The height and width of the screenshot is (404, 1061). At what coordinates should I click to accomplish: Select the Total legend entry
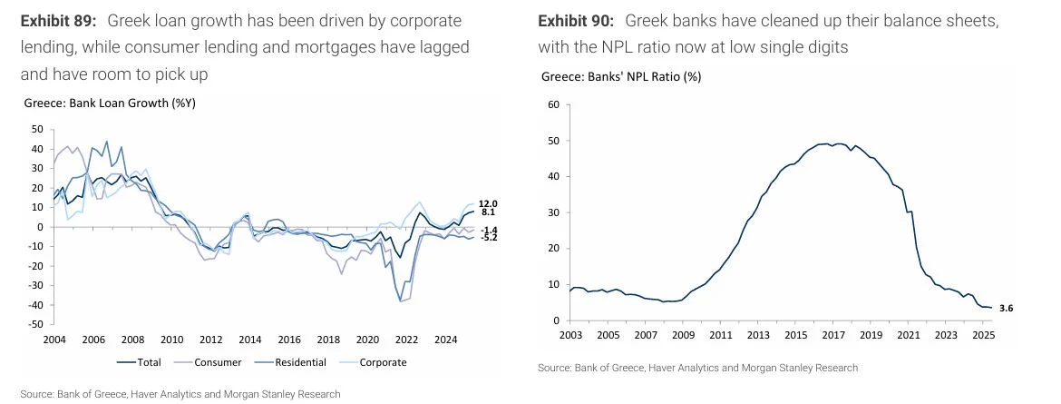pyautogui.click(x=146, y=362)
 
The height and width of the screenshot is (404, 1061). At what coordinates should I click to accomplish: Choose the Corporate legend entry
pyautogui.click(x=376, y=362)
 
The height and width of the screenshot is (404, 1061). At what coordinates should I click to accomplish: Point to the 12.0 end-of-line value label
pyautogui.click(x=489, y=203)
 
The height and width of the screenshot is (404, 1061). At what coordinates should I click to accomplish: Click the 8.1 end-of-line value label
pyautogui.click(x=488, y=212)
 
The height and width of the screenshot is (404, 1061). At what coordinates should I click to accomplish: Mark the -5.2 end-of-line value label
pyautogui.click(x=488, y=237)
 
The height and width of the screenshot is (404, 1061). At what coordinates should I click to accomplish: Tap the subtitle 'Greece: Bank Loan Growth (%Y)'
pyautogui.click(x=111, y=103)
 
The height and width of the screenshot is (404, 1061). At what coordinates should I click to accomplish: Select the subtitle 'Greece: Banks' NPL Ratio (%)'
pyautogui.click(x=621, y=76)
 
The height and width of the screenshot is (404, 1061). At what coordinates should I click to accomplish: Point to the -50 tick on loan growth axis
pyautogui.click(x=36, y=324)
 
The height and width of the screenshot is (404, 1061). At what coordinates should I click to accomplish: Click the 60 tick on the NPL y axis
pyautogui.click(x=552, y=105)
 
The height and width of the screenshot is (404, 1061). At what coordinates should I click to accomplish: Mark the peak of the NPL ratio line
pyautogui.click(x=835, y=143)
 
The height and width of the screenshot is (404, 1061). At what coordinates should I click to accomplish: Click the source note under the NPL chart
pyautogui.click(x=697, y=368)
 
